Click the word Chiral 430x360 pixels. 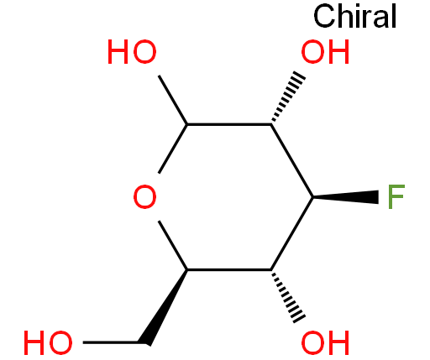(355, 16)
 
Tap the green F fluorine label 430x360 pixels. (396, 196)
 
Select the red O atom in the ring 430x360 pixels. (144, 196)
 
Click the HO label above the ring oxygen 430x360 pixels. (132, 52)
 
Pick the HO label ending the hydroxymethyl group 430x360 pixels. (48, 342)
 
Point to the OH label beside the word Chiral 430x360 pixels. (325, 52)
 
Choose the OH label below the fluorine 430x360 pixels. (325, 342)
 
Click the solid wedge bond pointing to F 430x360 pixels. (345, 197)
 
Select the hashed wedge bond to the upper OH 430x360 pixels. (288, 97)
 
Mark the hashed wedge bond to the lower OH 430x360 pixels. (288, 296)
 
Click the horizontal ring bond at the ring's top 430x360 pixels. (229, 124)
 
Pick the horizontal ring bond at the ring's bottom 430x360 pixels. (229, 270)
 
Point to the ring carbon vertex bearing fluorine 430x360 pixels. (312, 197)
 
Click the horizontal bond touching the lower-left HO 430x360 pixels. (111, 342)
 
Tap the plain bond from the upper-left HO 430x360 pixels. (173, 100)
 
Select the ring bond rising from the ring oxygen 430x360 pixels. (173, 149)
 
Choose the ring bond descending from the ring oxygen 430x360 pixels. (173, 245)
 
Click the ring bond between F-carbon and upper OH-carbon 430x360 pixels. (291, 160)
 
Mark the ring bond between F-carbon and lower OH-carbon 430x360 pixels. (291, 233)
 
